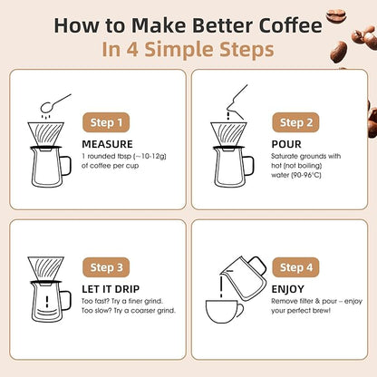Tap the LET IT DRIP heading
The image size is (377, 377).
pyautogui.click(x=111, y=288)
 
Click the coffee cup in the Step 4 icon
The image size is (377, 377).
pyautogui.click(x=227, y=314)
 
